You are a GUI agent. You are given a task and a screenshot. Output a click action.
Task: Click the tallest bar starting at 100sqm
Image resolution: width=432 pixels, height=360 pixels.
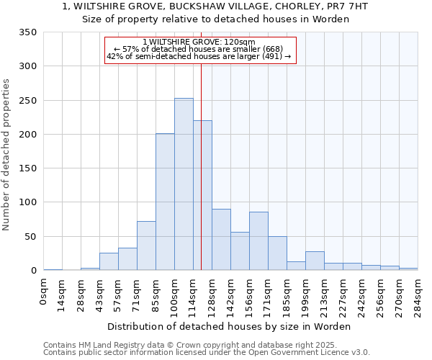pos(184,184)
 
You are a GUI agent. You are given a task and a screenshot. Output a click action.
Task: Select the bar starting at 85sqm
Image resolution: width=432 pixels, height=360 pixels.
pos(165,202)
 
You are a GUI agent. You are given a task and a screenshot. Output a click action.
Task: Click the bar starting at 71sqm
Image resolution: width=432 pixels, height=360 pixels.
pos(146,246)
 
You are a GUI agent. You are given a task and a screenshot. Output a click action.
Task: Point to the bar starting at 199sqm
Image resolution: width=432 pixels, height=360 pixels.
pos(315,261)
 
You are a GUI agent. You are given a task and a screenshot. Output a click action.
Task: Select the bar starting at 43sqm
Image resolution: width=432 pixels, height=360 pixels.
pos(109,261)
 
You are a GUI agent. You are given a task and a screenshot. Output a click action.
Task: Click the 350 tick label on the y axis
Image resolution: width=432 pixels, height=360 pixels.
pos(28,32)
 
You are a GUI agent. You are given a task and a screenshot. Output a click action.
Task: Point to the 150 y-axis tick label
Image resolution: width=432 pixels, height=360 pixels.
pos(28,168)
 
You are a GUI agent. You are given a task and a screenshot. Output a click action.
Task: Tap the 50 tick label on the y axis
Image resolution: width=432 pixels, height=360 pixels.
pos(31,236)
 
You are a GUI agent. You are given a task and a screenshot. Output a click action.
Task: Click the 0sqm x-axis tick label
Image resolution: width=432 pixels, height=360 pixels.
pos(44,293)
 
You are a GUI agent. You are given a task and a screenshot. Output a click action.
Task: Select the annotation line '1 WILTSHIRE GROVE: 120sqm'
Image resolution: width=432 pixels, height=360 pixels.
pos(199,42)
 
